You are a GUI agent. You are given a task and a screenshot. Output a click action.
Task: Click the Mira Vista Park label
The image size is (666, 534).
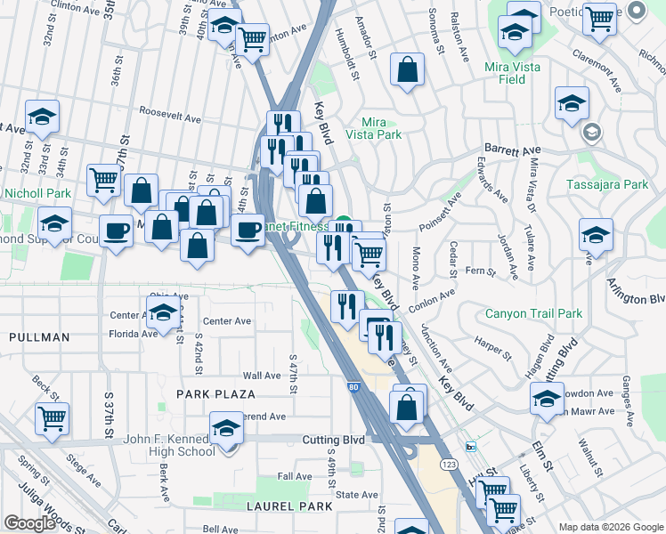[x=381, y=128]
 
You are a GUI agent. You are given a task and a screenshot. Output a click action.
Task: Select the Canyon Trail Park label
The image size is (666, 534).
[x=533, y=313]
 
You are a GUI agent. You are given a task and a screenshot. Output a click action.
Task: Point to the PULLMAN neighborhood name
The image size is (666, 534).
[x=39, y=337]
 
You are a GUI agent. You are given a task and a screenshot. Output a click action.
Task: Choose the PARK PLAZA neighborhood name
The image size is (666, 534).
[x=215, y=393]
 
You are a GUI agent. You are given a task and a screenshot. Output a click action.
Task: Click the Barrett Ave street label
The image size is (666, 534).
[x=512, y=150]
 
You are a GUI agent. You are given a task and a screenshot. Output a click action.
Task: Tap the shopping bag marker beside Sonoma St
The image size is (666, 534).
[x=407, y=70]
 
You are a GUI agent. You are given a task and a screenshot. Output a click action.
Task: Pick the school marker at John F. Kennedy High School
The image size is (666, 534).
[x=226, y=429]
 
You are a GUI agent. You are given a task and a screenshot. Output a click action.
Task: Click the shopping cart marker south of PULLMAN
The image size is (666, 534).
[x=53, y=416]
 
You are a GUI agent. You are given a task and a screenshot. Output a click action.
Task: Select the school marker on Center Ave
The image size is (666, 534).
[x=163, y=313]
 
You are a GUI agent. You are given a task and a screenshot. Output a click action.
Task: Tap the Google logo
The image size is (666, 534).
[x=29, y=523]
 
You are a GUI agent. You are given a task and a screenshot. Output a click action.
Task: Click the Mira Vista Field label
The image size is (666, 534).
[x=516, y=73]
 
